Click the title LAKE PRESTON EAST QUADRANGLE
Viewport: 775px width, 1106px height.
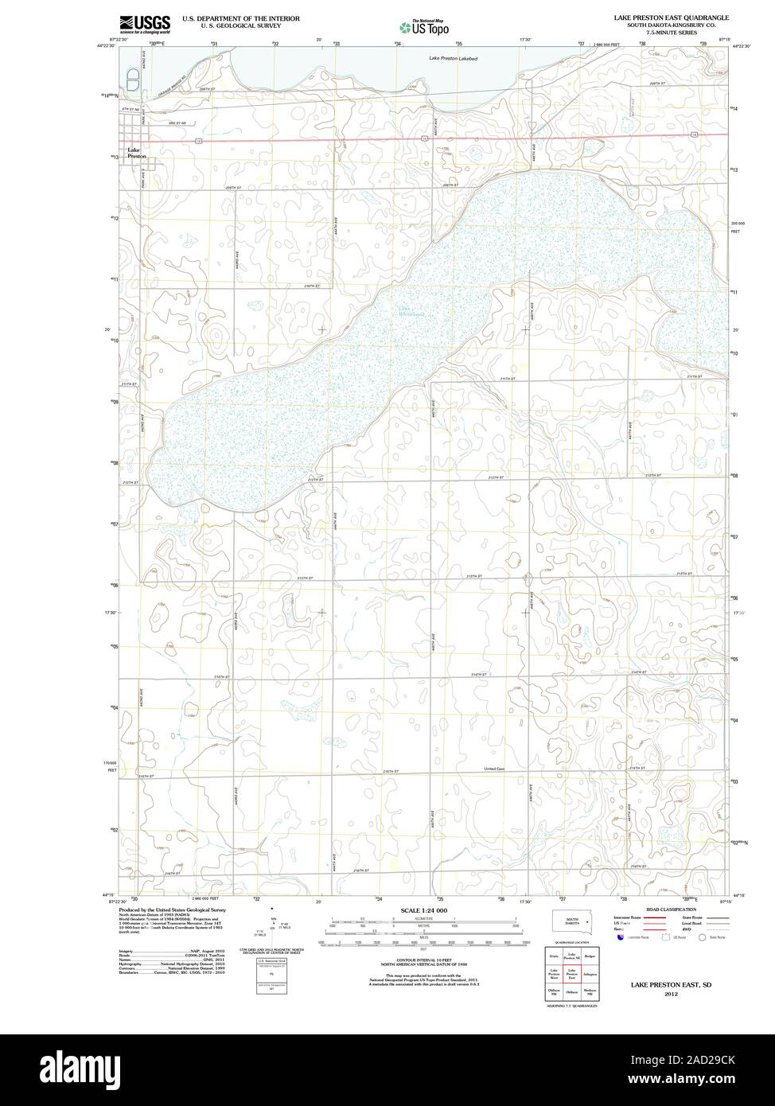[x=665, y=17]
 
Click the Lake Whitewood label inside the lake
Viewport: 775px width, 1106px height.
[x=391, y=312]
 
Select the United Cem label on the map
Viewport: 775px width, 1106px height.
[x=495, y=769]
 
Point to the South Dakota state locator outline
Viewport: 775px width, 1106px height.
[x=571, y=920]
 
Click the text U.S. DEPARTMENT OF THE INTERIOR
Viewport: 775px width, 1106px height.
[x=241, y=18]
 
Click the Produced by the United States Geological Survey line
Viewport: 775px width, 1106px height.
[x=173, y=909]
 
